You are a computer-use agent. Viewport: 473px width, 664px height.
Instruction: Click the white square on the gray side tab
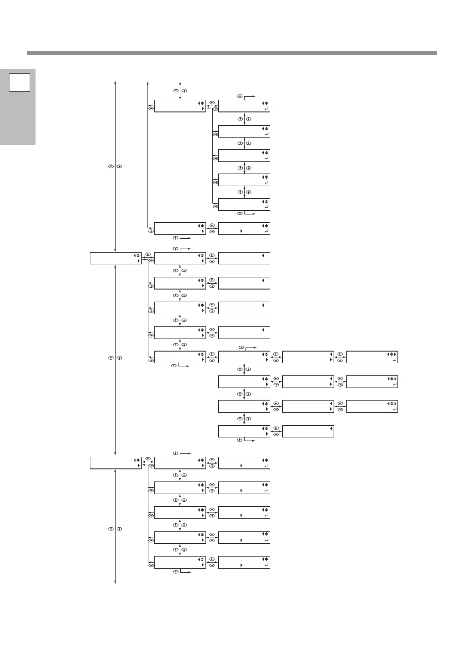coord(19,82)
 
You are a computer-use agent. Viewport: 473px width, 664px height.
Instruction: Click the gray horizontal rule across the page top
coord(232,53)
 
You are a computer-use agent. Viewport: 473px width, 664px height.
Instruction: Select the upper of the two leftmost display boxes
coord(116,258)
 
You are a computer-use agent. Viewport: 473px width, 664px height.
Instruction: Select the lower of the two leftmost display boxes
coord(116,463)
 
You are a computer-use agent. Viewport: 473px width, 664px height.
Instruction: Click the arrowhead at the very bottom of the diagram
coord(116,582)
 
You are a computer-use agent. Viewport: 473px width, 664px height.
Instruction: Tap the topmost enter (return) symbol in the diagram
coord(267,109)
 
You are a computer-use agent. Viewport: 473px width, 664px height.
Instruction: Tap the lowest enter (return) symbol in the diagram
coord(267,565)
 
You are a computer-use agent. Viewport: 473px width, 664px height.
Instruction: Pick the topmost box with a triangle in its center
coord(244,228)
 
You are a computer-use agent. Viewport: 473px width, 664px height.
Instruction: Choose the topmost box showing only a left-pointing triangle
coord(244,258)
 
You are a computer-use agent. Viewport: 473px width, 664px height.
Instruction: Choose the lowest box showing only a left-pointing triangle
coord(308,431)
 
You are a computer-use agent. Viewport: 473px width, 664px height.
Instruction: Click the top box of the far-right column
coord(372,357)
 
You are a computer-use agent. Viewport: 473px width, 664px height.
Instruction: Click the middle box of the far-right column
coord(372,382)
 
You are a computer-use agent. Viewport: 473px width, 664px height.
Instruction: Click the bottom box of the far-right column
coord(372,406)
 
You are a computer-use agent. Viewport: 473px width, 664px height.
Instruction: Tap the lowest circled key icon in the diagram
coord(177,572)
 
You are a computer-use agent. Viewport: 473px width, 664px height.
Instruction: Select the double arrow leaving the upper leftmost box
coord(147,258)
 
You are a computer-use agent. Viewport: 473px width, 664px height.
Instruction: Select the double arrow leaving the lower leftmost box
coord(147,463)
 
